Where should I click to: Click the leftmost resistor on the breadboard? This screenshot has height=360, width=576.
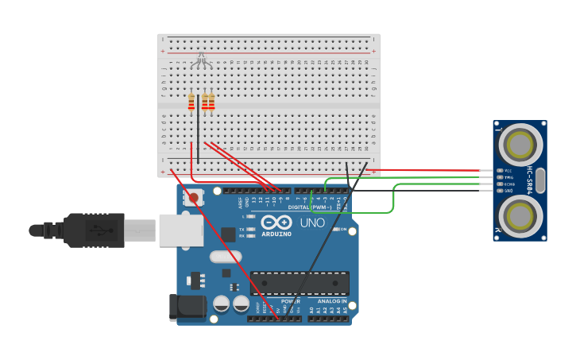pos(191,102)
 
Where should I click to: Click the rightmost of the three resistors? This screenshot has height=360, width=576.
pos(211,102)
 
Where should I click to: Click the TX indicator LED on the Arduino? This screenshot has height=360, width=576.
pos(251,229)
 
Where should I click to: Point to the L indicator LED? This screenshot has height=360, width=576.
pos(251,216)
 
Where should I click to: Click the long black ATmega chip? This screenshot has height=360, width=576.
pos(300,284)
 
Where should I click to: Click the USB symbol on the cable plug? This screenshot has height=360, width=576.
pos(97,230)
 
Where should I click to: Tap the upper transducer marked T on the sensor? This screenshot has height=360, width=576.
pos(520,145)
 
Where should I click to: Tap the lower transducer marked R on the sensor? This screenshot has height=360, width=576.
pos(520,215)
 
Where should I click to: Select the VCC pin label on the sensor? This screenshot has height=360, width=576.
pos(508,171)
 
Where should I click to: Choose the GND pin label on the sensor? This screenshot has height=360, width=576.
pos(508,191)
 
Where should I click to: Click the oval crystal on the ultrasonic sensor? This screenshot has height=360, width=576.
pos(540,180)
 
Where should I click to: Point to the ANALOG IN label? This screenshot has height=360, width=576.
pos(332,301)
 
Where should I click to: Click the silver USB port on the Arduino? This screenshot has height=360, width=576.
pos(180,230)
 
